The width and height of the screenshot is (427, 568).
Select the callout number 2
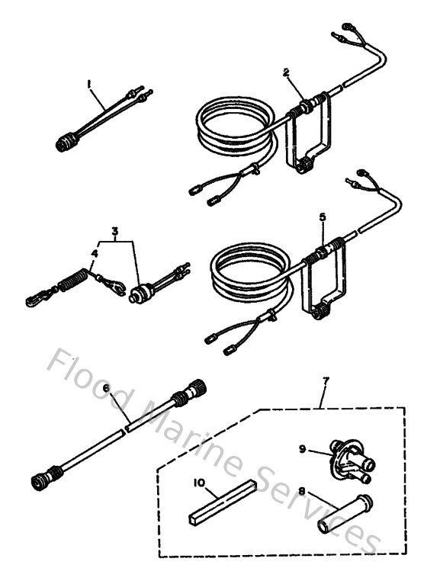tap(285, 72)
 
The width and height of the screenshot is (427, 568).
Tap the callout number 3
tap(115, 229)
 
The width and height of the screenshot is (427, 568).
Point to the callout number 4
tap(95, 252)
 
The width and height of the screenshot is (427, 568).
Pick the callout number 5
tap(323, 217)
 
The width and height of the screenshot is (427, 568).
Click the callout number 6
tap(105, 389)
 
